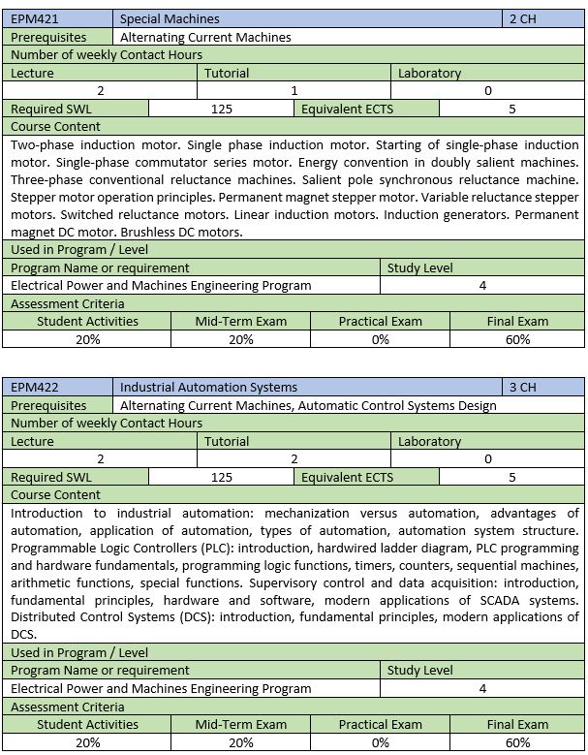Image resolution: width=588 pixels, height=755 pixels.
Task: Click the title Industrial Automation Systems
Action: (208, 387)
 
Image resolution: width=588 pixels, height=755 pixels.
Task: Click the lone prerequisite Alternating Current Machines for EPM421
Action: (205, 37)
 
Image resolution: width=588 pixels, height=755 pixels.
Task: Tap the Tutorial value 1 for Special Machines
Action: (294, 90)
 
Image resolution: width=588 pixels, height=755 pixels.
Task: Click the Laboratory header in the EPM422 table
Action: (429, 441)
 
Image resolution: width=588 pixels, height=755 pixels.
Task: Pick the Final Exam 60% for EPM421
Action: (517, 339)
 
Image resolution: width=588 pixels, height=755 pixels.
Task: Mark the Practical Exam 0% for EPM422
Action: (380, 742)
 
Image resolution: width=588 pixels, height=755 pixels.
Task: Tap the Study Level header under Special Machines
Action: (419, 267)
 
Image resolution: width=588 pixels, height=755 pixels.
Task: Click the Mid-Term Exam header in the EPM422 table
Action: (240, 724)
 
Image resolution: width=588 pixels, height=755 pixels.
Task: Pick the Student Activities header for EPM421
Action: (87, 321)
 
